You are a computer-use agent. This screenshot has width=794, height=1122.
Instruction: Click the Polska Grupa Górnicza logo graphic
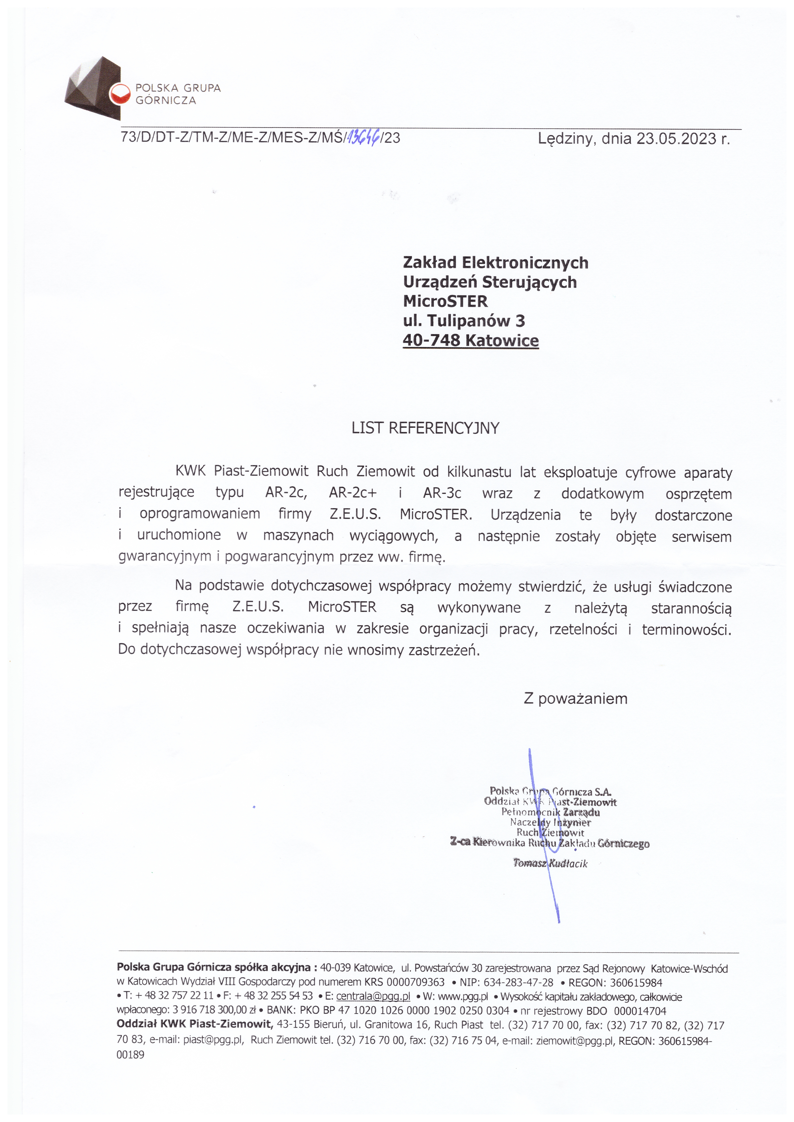coord(93,88)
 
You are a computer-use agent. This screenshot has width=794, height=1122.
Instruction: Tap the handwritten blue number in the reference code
coord(364,138)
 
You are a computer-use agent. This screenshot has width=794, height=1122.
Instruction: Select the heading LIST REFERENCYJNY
coord(425,428)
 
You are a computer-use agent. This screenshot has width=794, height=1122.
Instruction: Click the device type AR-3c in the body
coord(442,493)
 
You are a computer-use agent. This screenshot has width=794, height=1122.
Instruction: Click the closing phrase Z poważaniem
coord(575,699)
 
